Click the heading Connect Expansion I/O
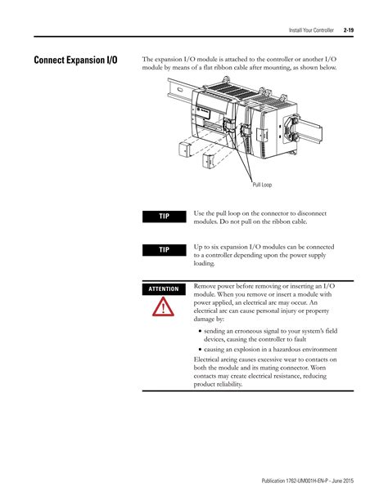coord(75,60)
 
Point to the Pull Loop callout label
coord(262,185)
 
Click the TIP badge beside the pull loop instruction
coord(165,216)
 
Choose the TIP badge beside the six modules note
coord(165,250)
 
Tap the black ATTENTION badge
coord(165,289)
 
